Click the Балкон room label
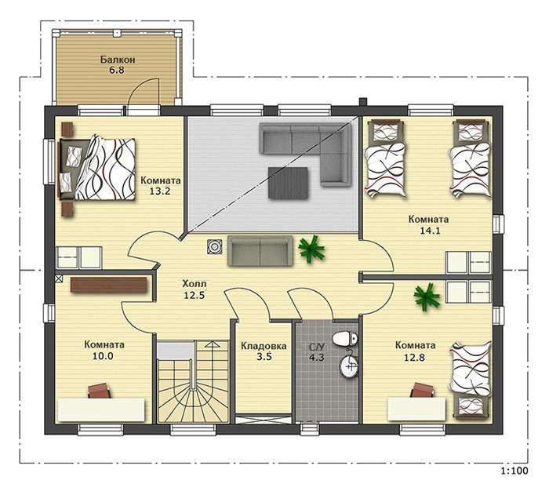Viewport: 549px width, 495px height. tap(118, 60)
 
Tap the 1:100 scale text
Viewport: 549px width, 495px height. tap(514, 471)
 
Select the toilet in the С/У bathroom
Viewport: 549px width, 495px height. tap(345, 338)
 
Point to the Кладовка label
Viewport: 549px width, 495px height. tap(264, 346)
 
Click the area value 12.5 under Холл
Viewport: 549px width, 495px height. tap(195, 295)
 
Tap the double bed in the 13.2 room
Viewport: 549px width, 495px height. tap(97, 169)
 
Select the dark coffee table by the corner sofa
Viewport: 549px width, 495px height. tap(288, 183)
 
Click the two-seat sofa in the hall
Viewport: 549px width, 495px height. tap(260, 251)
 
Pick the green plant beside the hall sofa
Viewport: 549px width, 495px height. tap(311, 249)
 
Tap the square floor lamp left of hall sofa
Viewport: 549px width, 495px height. tap(214, 246)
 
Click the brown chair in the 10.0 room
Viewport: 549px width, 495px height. tap(100, 390)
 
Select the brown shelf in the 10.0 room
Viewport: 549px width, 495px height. tap(108, 285)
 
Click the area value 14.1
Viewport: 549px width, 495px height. tap(429, 231)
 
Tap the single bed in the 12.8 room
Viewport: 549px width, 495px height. tap(471, 380)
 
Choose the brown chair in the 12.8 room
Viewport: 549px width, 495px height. tap(422, 390)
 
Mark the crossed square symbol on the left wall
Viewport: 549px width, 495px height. tap(59, 278)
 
